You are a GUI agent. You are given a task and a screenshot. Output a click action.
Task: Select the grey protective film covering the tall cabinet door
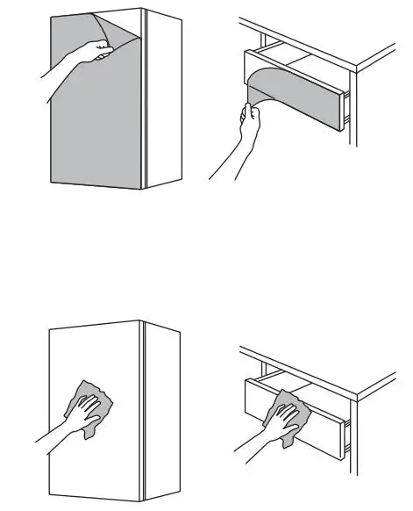pos(88,123)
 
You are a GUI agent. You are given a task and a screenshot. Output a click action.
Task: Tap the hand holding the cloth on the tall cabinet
pos(82,413)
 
